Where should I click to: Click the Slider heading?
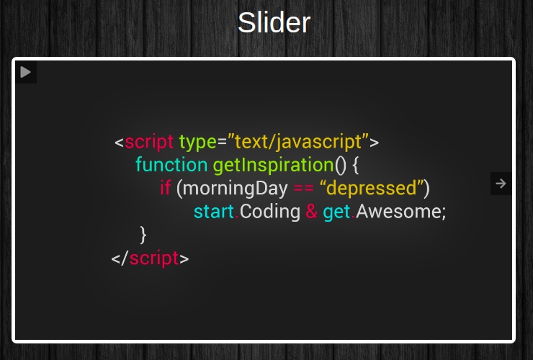(274, 23)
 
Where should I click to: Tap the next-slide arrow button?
(501, 184)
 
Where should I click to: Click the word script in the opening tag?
(149, 141)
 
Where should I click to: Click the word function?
(171, 165)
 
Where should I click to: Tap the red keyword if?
(166, 189)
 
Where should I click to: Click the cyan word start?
(214, 212)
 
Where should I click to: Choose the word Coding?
(270, 212)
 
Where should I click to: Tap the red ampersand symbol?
(311, 212)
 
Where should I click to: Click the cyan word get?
(336, 212)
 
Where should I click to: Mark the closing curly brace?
(143, 235)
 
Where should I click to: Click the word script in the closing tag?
(154, 258)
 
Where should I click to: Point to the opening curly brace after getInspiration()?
(356, 166)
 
